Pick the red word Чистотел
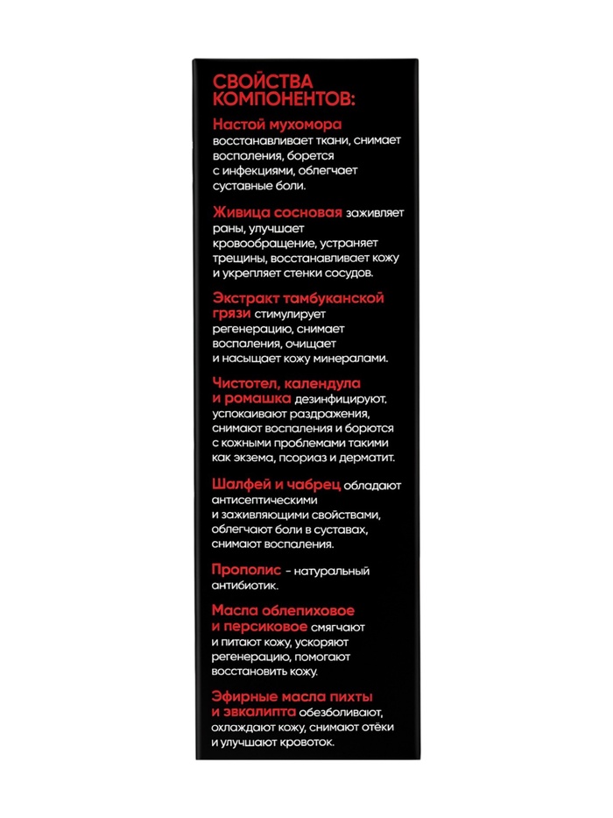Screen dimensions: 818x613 coord(244,383)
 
